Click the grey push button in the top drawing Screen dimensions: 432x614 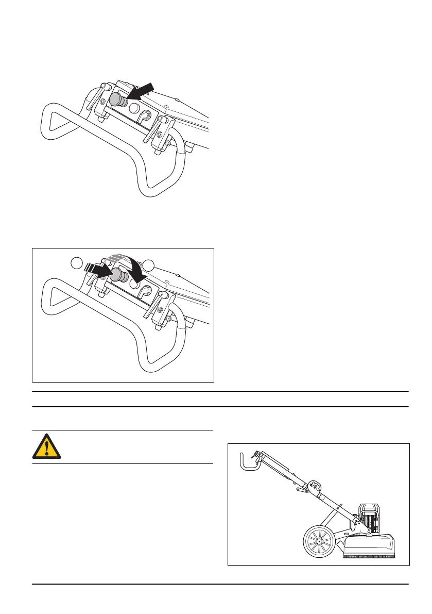[x=115, y=99]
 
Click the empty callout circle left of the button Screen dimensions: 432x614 [x=77, y=263]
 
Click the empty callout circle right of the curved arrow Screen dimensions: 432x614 [x=148, y=265]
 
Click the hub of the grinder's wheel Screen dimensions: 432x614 [x=319, y=541]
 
